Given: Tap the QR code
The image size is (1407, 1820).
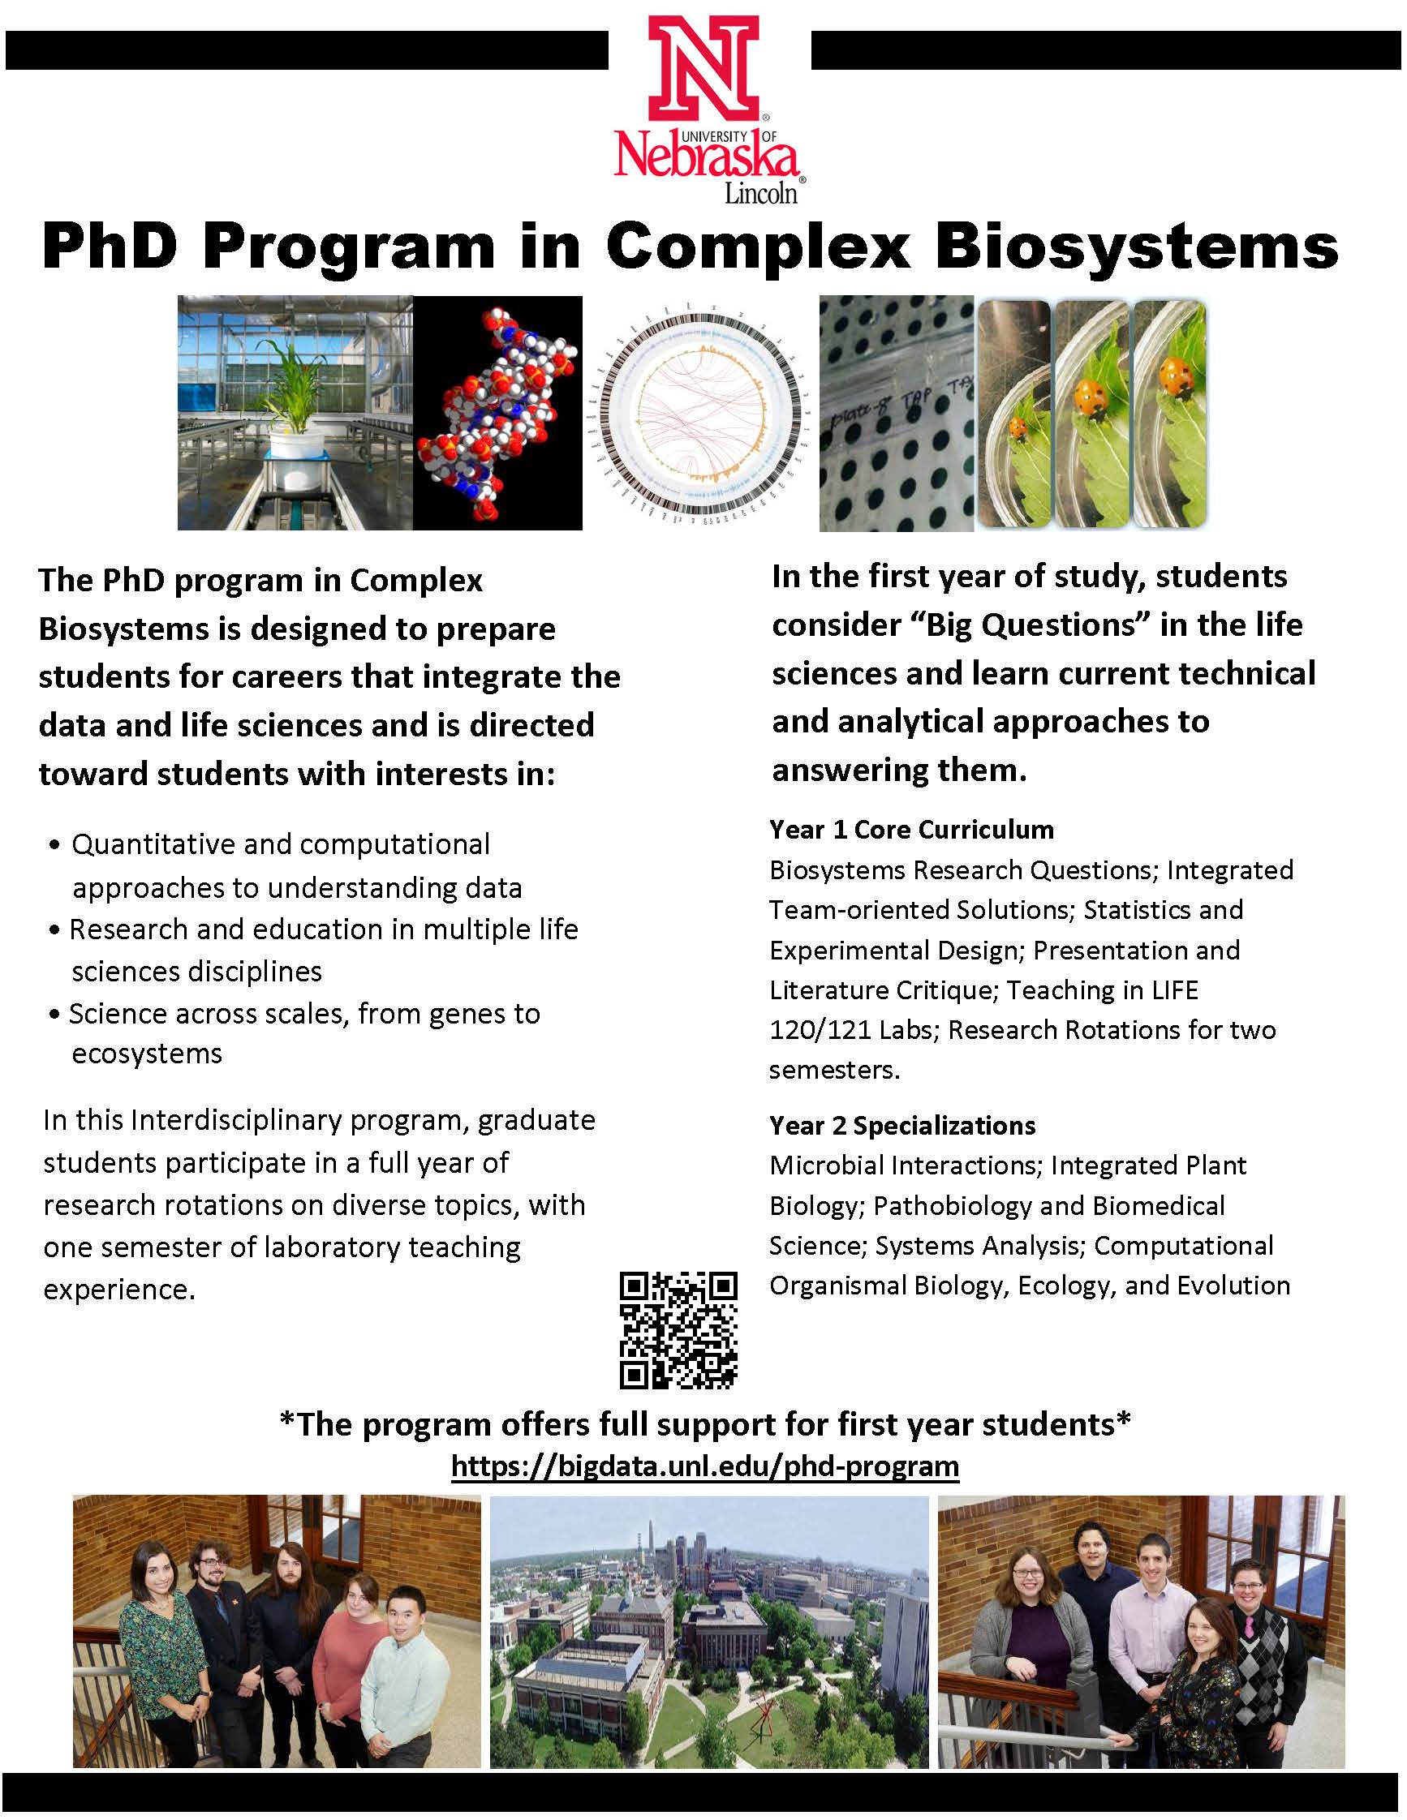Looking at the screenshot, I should pyautogui.click(x=678, y=1330).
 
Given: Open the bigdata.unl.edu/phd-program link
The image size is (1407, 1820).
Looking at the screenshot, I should pyautogui.click(x=704, y=1466).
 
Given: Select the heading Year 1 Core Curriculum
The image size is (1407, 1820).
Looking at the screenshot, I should pyautogui.click(x=911, y=830).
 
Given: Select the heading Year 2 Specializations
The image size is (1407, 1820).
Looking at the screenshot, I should pyautogui.click(x=901, y=1126).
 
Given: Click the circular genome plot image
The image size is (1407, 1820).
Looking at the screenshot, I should pyautogui.click(x=701, y=414).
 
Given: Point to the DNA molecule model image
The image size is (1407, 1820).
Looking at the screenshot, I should pyautogui.click(x=497, y=414).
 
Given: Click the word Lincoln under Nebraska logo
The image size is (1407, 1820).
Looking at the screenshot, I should pyautogui.click(x=760, y=194).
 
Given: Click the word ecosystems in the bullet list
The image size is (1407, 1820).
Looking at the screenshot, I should pyautogui.click(x=147, y=1054).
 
